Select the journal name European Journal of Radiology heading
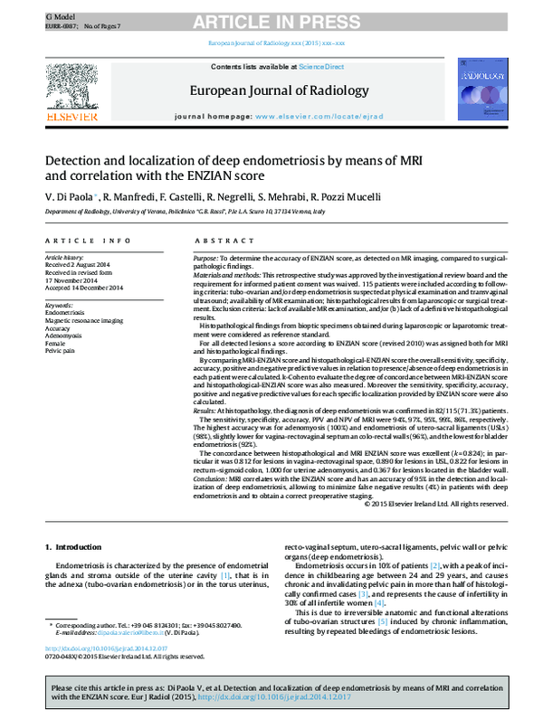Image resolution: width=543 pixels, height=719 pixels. [x=279, y=90]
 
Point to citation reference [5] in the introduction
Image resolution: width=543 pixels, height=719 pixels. [x=384, y=647]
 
